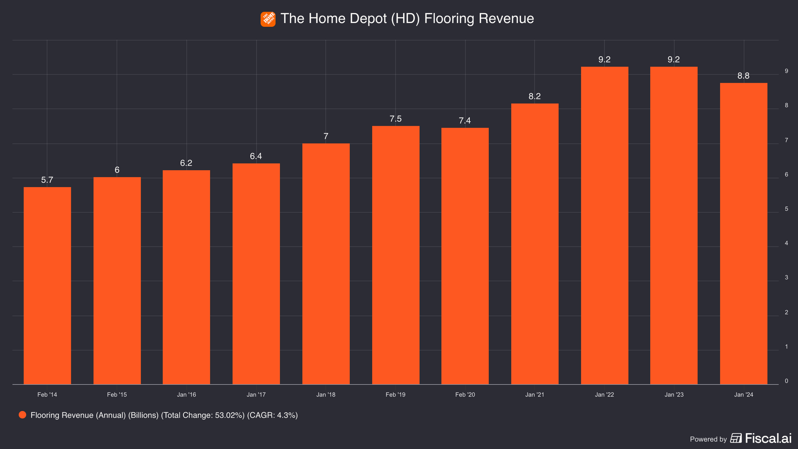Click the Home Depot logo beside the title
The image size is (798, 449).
268,19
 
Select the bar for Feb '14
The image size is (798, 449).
47,286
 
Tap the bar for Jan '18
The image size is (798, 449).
326,264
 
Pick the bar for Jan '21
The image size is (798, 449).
535,244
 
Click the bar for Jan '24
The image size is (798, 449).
743,234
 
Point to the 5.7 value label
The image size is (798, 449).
47,180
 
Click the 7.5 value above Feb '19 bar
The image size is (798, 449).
395,119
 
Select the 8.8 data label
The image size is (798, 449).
743,76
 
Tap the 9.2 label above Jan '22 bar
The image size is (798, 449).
604,59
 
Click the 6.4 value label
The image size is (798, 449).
256,156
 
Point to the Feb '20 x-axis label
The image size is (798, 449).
465,395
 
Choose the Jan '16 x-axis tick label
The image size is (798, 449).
186,395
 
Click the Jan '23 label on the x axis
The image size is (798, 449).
674,395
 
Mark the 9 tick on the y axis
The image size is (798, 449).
787,71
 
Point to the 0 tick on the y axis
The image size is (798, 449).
787,381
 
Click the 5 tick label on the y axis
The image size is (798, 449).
787,209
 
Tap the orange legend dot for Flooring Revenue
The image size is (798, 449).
22,415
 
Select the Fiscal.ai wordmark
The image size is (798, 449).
768,438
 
